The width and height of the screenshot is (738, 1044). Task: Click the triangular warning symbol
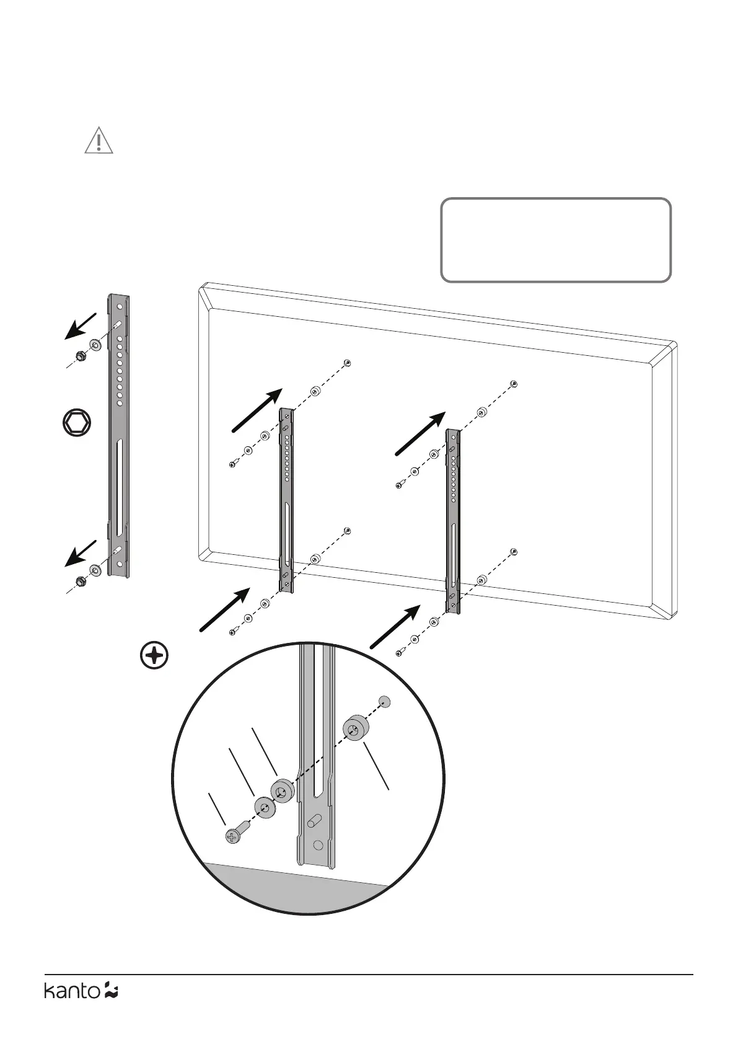click(99, 141)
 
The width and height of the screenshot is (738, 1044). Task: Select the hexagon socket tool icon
click(77, 424)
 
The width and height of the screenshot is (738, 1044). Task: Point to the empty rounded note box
click(555, 240)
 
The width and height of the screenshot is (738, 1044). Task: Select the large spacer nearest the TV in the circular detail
click(355, 728)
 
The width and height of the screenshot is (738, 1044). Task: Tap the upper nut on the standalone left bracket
click(80, 356)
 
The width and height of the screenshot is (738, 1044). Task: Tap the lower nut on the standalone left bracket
click(80, 581)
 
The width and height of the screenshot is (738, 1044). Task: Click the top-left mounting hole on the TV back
click(348, 363)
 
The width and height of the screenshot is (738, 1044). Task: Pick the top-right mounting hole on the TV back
click(514, 384)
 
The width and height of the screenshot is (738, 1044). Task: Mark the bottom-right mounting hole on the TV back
click(514, 552)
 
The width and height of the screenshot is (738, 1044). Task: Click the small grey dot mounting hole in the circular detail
click(385, 702)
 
